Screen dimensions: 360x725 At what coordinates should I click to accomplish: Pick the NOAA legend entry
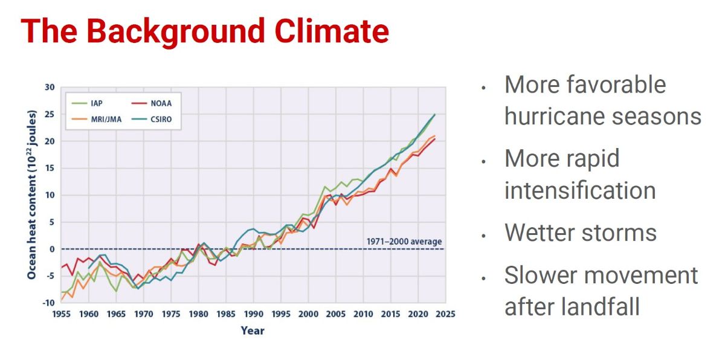coord(159,103)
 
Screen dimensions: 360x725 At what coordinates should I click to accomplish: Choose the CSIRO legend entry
coord(160,119)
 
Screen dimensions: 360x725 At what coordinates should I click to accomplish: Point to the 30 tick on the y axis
coord(49,88)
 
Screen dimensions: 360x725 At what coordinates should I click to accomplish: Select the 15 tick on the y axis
coord(49,169)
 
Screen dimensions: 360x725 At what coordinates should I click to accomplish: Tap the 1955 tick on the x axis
coord(60,314)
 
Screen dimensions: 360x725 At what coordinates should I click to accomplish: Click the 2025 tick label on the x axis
coord(445,314)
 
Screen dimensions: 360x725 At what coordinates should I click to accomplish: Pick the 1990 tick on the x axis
coord(253,314)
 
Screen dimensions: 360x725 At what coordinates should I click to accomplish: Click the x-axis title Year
coord(253,330)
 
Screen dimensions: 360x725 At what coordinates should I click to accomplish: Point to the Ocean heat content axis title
coord(31,194)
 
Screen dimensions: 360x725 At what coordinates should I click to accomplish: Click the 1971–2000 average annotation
coord(404,242)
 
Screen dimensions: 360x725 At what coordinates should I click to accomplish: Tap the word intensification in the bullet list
coord(580,190)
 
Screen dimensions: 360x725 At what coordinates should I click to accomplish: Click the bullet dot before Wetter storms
coord(483,235)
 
